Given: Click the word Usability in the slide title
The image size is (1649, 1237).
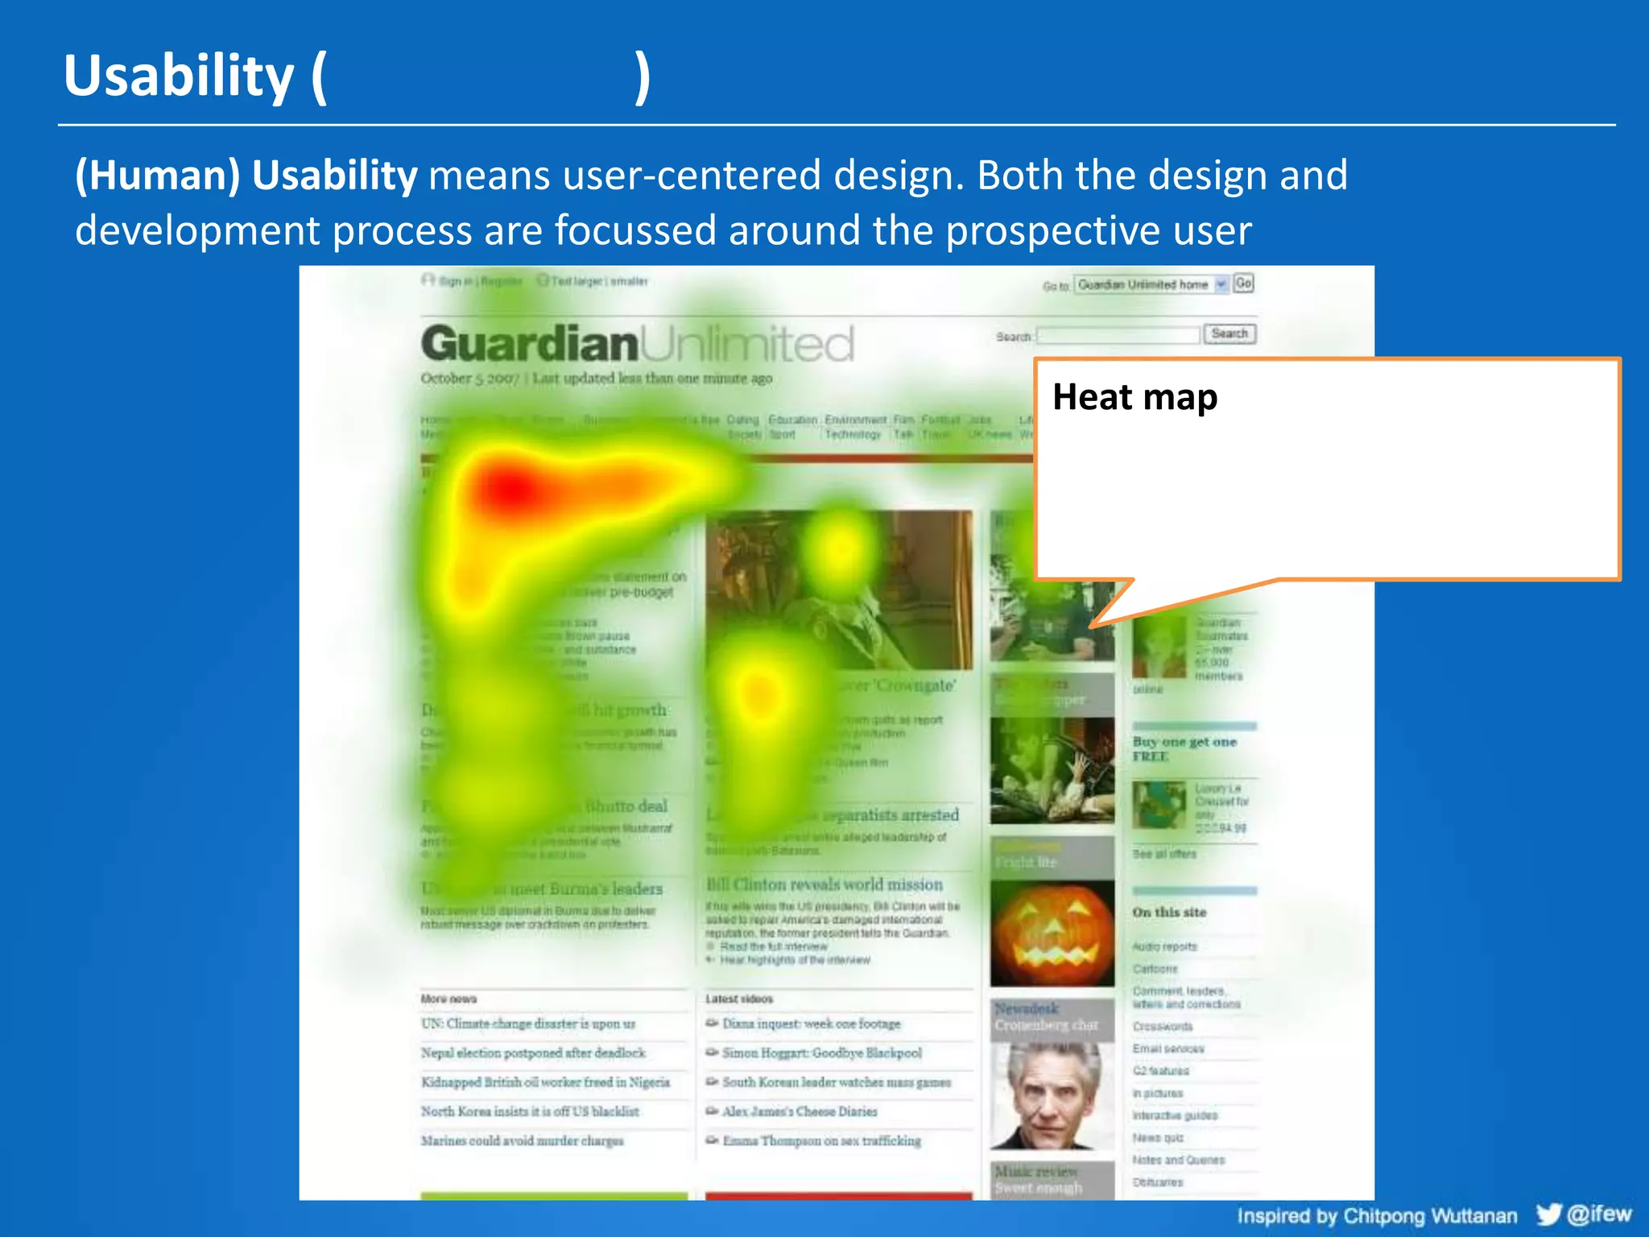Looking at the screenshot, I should pyautogui.click(x=179, y=76).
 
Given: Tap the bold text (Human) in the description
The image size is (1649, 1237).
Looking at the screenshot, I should pyautogui.click(x=158, y=176).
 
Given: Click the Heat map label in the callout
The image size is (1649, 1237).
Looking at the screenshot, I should pyautogui.click(x=1134, y=397).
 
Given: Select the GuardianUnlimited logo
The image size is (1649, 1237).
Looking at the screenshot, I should pyautogui.click(x=636, y=344).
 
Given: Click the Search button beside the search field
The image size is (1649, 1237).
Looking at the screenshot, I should pyautogui.click(x=1229, y=333).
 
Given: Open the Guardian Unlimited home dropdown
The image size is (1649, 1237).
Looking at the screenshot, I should pyautogui.click(x=1151, y=284).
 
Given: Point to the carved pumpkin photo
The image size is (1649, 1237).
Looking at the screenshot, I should pyautogui.click(x=1052, y=934).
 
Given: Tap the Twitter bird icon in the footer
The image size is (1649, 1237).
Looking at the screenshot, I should pyautogui.click(x=1548, y=1214).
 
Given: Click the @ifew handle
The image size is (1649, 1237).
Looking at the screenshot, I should pyautogui.click(x=1599, y=1214).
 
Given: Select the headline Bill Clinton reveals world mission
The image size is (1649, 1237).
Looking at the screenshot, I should pyautogui.click(x=824, y=884).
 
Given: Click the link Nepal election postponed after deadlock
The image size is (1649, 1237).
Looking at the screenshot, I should pyautogui.click(x=533, y=1053).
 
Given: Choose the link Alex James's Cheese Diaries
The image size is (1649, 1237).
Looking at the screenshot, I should pyautogui.click(x=800, y=1111).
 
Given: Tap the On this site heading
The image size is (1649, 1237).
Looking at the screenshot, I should pyautogui.click(x=1169, y=912).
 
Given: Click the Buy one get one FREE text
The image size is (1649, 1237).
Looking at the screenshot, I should pyautogui.click(x=1184, y=749).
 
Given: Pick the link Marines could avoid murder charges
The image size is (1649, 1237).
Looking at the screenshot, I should pyautogui.click(x=522, y=1140).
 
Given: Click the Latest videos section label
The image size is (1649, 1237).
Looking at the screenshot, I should pyautogui.click(x=739, y=999).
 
